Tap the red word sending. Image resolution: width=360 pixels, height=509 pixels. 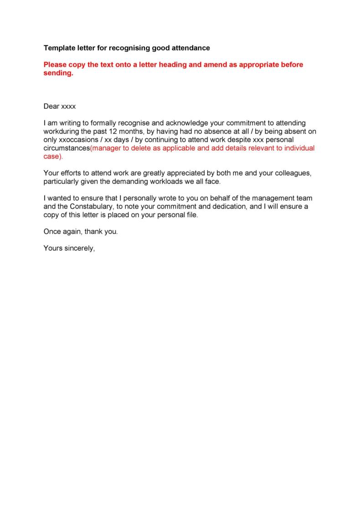pyautogui.click(x=58, y=73)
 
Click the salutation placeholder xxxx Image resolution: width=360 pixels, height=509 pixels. pyautogui.click(x=68, y=107)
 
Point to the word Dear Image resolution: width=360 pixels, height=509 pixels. pyautogui.click(x=51, y=107)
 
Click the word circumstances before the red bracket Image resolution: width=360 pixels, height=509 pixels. pyautogui.click(x=67, y=148)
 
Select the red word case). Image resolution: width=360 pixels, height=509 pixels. pyautogui.click(x=52, y=156)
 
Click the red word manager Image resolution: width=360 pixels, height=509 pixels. pyautogui.click(x=105, y=148)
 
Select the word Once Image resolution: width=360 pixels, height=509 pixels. pyautogui.click(x=52, y=231)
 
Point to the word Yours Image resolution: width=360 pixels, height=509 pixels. pyautogui.click(x=52, y=248)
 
